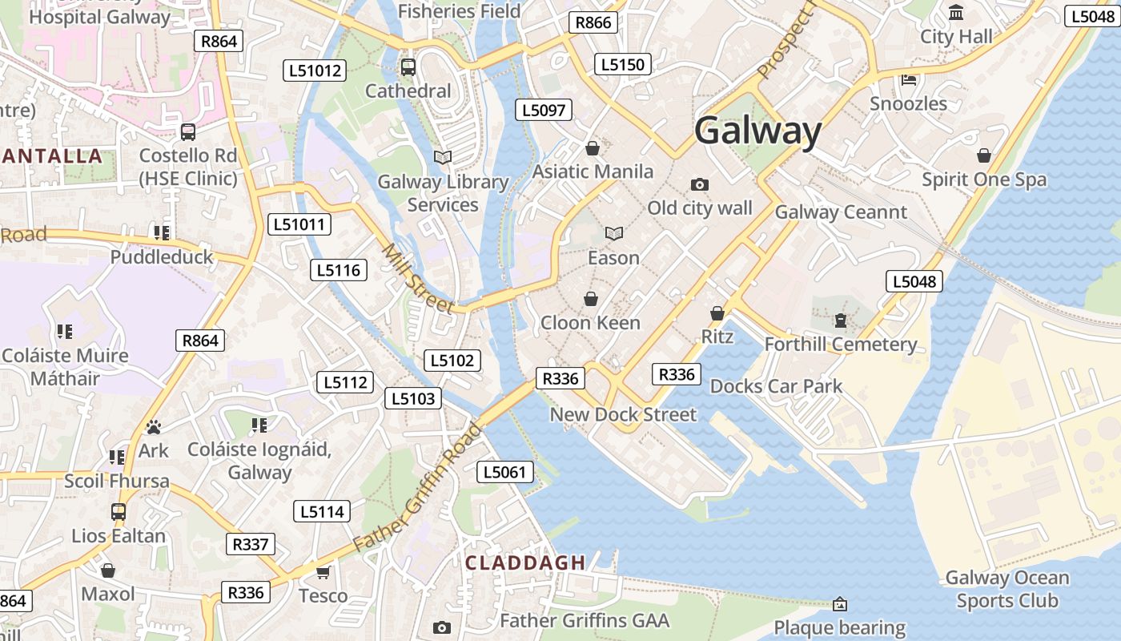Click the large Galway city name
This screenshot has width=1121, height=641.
[757, 131]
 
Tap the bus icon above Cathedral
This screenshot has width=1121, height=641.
[408, 67]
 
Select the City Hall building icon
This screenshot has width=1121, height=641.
[956, 13]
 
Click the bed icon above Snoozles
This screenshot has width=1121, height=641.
[909, 79]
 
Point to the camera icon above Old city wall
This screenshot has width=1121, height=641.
[699, 185]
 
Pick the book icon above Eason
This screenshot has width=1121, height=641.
[614, 234]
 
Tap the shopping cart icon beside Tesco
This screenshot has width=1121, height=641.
[323, 572]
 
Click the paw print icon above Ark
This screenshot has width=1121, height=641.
[154, 427]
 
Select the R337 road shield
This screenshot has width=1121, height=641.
[251, 544]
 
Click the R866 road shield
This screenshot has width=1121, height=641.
[593, 22]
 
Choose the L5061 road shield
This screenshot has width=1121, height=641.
[505, 472]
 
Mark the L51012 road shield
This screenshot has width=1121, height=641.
[315, 71]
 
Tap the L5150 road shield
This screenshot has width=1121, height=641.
[622, 64]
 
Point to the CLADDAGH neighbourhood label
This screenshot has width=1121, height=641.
[525, 562]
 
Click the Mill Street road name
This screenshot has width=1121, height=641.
[417, 279]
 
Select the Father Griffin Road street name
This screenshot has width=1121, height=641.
[417, 487]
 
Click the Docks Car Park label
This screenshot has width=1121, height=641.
[776, 386]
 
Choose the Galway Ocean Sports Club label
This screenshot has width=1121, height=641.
[1006, 589]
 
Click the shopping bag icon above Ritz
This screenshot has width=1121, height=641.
[717, 313]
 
